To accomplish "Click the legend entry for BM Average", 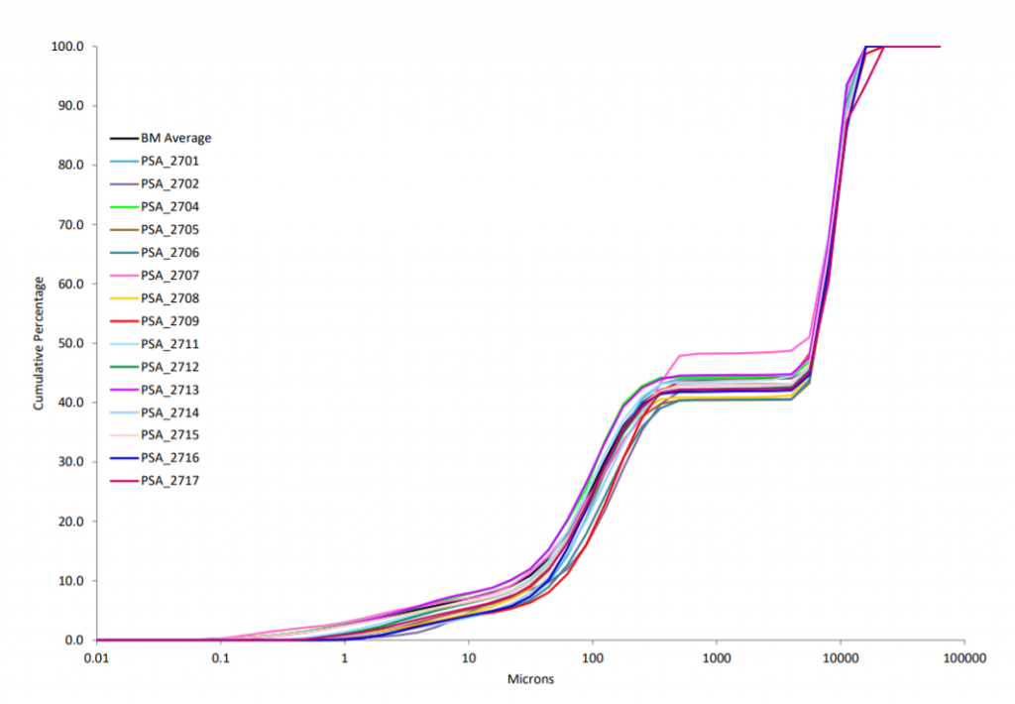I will pos(175,139).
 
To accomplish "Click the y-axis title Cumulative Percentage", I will pos(39,344).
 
